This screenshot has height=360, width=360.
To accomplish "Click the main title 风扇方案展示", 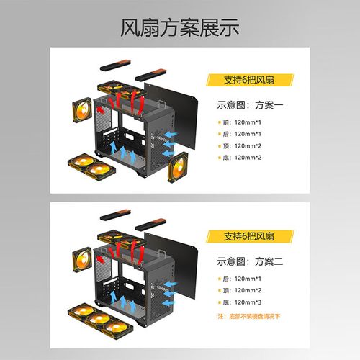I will pos(179,28).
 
